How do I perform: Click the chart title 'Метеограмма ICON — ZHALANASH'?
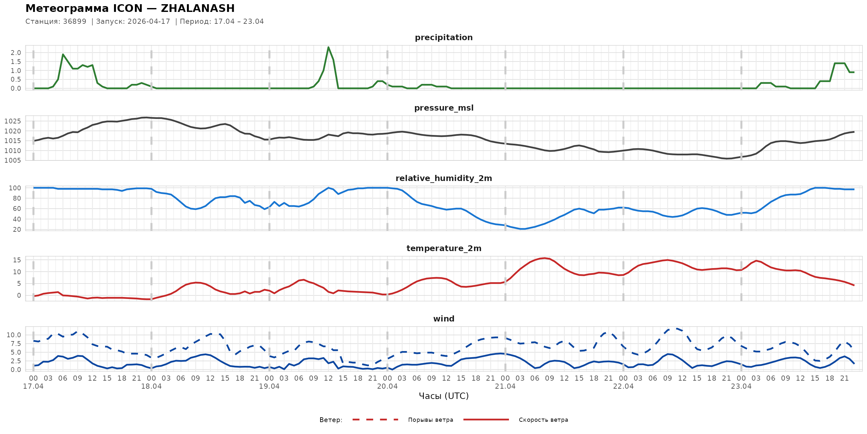pos(130,8)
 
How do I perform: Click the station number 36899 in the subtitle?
pos(74,22)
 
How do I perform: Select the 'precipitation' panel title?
pos(443,37)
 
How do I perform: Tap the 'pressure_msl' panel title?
pos(443,108)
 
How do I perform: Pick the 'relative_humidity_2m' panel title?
pos(443,178)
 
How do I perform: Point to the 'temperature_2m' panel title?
pos(443,248)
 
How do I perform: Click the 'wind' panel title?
pos(443,319)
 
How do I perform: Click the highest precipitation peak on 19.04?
pos(328,47)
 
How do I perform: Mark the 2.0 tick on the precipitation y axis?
pos(16,53)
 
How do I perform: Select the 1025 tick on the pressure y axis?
pos(13,121)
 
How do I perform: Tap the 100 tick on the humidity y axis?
pos(15,188)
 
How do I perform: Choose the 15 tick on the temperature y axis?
pos(17,260)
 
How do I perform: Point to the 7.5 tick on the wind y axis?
pos(16,344)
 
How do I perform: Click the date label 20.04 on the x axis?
pos(387,386)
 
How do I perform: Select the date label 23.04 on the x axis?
pos(741,386)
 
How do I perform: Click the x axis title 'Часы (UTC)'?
pos(443,396)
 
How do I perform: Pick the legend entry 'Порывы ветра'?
pos(431,420)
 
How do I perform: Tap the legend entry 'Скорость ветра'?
pos(543,420)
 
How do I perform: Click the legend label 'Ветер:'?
pos(331,420)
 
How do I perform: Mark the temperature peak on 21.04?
pos(545,258)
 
